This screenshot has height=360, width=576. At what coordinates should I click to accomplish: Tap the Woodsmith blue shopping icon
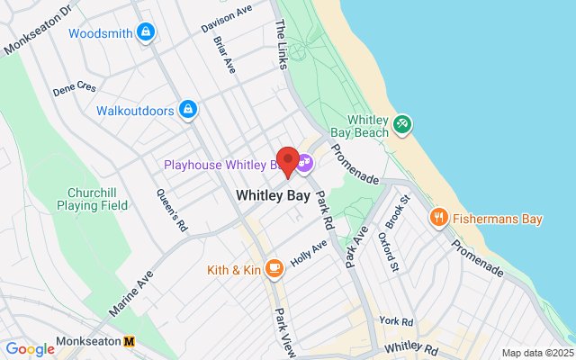point(146,33)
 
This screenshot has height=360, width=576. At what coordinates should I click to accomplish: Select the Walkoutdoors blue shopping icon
point(187,111)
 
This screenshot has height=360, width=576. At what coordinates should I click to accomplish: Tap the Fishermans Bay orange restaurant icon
point(438,217)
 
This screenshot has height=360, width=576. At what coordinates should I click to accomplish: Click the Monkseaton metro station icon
point(130,343)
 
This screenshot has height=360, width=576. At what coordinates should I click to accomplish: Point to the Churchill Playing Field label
point(98,199)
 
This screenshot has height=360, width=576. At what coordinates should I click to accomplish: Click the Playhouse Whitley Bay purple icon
point(304,164)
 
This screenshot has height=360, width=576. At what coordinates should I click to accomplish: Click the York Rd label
point(395,321)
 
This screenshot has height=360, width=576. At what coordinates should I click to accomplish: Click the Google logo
point(30,349)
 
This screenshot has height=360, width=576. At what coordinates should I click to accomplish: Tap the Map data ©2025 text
point(537,353)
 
